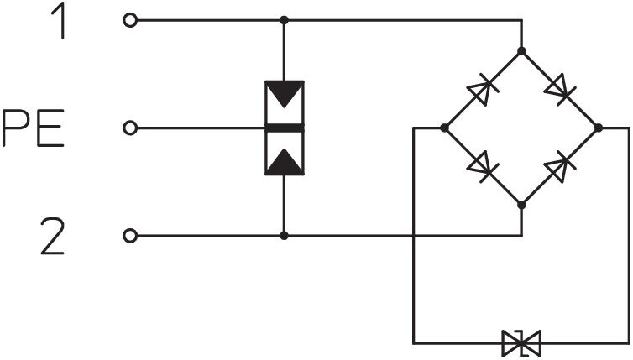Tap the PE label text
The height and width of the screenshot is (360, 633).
32,128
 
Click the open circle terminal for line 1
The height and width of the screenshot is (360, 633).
128,19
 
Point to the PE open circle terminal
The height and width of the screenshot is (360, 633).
128,128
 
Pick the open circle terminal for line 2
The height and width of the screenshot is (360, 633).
128,236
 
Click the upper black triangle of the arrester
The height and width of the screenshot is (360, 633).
285,95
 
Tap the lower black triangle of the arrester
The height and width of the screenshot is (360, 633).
285,159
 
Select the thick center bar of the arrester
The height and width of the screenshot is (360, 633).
285,128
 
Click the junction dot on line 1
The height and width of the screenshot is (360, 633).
285,19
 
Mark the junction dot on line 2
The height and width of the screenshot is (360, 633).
285,236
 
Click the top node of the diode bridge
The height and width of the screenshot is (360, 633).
521,51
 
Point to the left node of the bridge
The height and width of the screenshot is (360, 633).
444,128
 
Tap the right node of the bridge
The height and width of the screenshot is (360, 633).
598,128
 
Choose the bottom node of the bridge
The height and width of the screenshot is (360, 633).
521,204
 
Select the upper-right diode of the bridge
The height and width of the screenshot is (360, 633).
561,89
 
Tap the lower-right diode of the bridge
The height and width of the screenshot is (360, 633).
561,166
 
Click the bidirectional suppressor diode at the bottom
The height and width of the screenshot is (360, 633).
521,342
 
